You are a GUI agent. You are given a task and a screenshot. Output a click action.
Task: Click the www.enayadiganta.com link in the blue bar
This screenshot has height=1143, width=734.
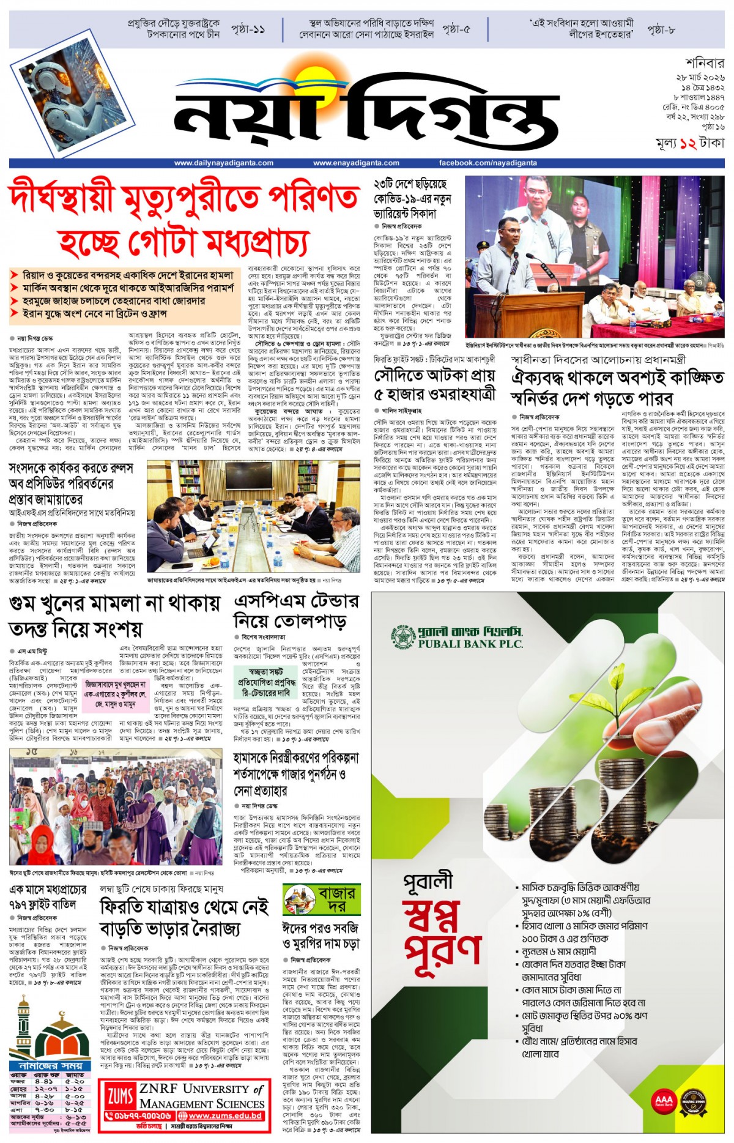click(x=356, y=163)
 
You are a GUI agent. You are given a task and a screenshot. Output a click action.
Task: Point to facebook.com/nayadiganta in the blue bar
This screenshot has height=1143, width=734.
click(x=487, y=163)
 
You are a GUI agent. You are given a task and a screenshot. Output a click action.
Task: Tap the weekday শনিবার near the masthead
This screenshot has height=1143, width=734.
click(x=705, y=63)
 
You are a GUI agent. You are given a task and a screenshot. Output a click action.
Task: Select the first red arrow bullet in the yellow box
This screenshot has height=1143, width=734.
click(x=15, y=275)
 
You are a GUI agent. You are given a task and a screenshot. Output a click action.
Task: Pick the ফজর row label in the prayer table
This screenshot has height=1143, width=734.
click(x=18, y=1081)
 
